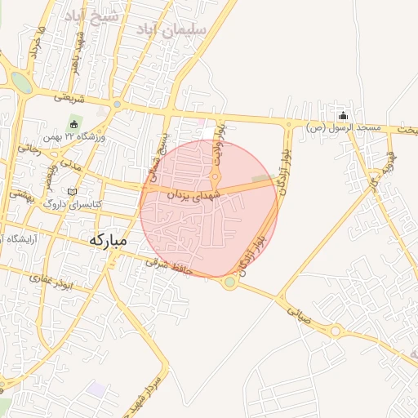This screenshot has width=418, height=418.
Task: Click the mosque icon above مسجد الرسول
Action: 343,115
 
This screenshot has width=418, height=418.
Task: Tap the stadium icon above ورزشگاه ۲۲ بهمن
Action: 74,124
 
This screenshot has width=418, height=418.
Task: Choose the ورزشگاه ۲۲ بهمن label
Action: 78,137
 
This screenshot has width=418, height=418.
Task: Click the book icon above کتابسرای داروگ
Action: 72,192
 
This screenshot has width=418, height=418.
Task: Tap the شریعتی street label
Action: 69,97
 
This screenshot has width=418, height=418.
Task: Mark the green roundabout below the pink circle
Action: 230,282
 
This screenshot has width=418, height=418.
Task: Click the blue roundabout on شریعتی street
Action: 117,104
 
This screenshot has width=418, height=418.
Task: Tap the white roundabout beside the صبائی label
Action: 336,331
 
